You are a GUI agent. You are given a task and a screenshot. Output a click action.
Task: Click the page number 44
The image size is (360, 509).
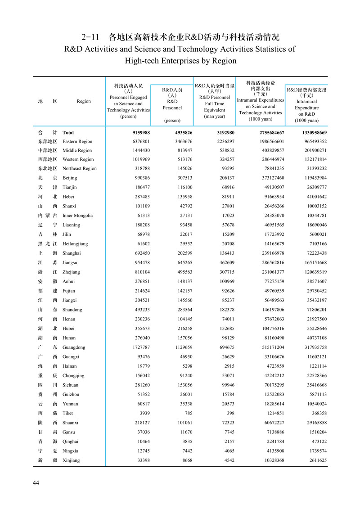click(x=36, y=483)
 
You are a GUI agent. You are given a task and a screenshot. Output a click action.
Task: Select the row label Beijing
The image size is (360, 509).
click(x=70, y=178)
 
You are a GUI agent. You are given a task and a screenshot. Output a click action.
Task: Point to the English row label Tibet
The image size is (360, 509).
click(x=68, y=413)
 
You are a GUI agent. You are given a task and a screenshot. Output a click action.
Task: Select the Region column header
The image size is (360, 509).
click(x=84, y=101)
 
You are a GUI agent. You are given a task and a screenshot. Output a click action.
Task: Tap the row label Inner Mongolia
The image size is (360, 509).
click(x=77, y=216)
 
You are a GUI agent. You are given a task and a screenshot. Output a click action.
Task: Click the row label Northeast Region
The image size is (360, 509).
click(x=80, y=168)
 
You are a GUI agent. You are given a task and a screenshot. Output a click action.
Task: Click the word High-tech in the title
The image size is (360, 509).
click(x=145, y=60)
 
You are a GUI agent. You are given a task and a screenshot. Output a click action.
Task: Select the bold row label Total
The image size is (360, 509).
click(x=68, y=133)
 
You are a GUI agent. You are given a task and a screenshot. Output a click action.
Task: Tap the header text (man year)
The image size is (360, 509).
click(x=214, y=117)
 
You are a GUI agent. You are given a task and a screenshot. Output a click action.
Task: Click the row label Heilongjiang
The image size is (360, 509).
click(x=76, y=243)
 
